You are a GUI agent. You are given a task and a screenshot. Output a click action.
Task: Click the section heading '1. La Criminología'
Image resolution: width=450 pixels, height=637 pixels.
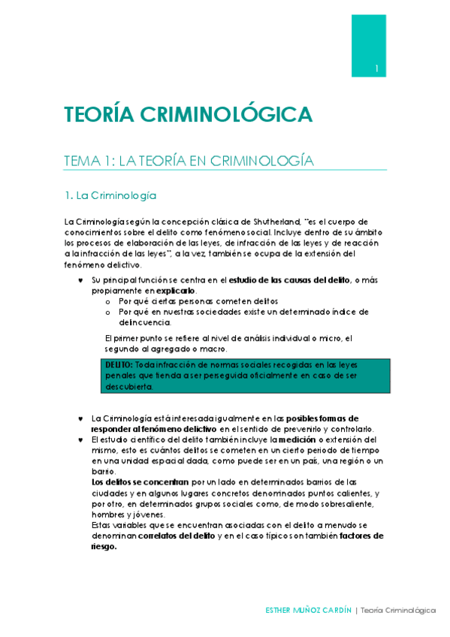110,195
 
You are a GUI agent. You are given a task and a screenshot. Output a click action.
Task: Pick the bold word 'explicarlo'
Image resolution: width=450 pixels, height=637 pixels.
175,290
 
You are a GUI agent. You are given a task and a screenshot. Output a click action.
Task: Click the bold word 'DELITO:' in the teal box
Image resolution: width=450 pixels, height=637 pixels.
119,364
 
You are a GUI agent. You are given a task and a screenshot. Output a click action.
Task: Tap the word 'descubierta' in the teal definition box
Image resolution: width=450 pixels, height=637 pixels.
129,387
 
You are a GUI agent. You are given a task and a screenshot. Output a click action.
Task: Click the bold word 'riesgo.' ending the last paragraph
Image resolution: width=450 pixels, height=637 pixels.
104,547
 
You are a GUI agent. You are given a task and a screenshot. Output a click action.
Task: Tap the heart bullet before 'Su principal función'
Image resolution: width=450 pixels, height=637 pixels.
80,280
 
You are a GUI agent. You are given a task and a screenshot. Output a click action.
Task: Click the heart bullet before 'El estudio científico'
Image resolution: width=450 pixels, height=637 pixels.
80,439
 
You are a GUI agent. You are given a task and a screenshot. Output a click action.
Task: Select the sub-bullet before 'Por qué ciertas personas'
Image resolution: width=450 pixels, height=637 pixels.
108,300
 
